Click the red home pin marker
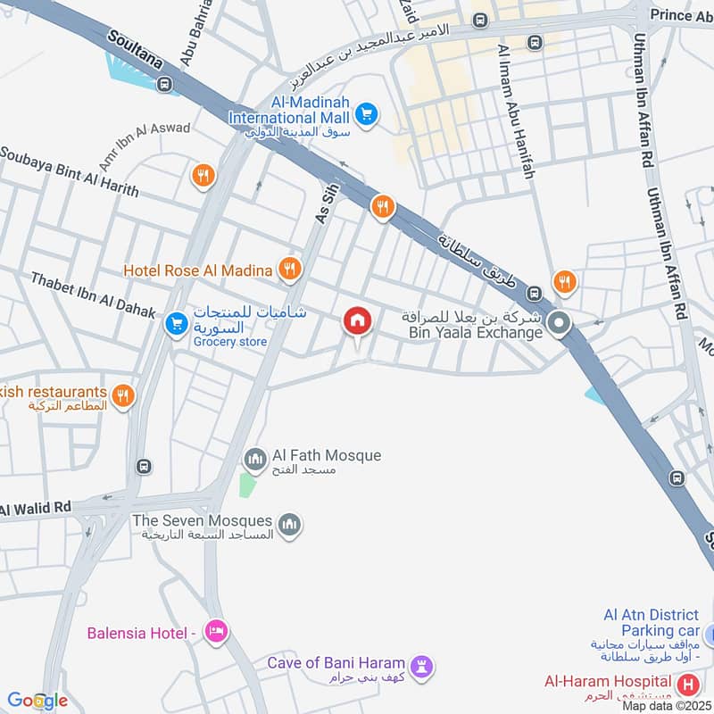tap(357, 320)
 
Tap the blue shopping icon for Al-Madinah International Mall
tap(366, 114)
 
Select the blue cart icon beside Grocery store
tap(176, 324)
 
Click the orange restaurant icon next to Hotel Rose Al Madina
tap(288, 268)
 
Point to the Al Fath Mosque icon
tap(255, 459)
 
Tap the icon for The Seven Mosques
tap(289, 525)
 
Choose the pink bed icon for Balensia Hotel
tap(216, 633)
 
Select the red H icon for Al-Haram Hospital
tap(688, 685)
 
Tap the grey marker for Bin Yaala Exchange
tap(560, 323)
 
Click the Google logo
tap(37, 701)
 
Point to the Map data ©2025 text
tap(666, 705)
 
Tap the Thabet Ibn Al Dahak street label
tap(93, 295)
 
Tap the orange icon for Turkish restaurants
tap(123, 394)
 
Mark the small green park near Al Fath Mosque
tap(247, 486)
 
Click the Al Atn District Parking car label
tap(651, 623)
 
